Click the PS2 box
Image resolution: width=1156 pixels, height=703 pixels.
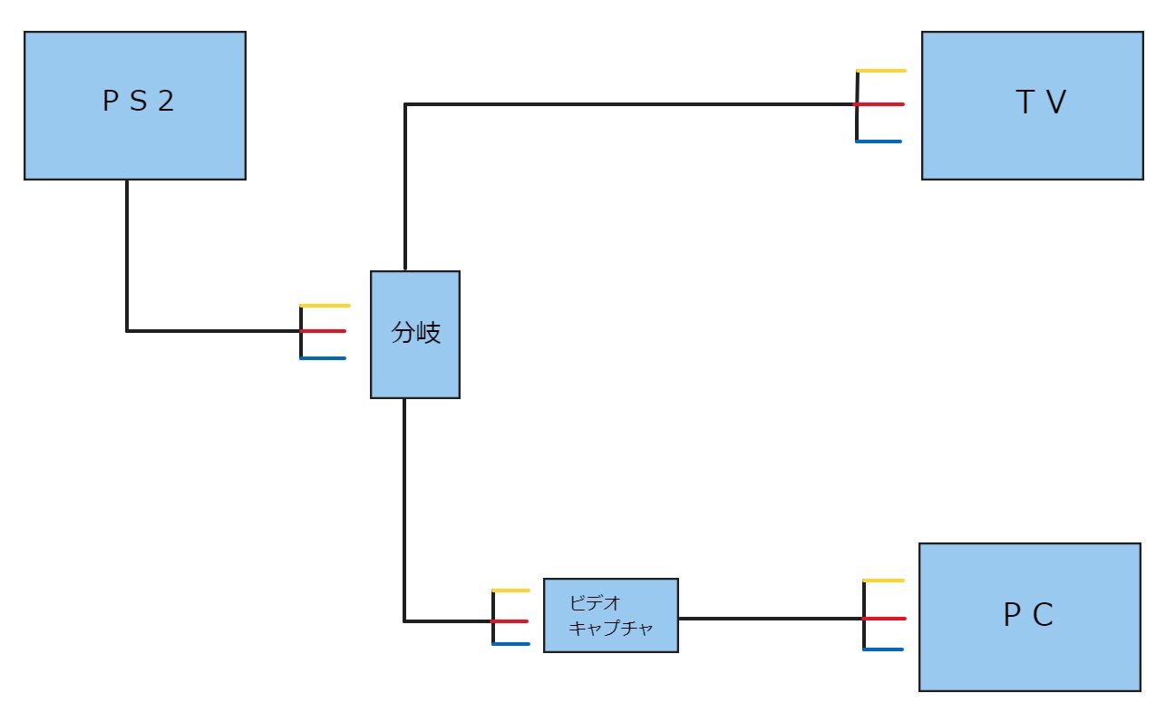(134, 105)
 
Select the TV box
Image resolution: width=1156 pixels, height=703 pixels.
(1032, 105)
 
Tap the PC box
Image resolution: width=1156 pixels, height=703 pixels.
(1029, 617)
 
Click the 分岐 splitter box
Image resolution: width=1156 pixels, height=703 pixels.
(415, 334)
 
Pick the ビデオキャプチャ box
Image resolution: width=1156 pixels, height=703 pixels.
(610, 615)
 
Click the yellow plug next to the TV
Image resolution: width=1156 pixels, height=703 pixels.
(881, 71)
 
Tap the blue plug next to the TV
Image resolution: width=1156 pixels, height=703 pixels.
(879, 142)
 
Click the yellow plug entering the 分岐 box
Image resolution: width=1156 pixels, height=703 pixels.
(325, 306)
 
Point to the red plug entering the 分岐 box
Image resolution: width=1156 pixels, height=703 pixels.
(325, 331)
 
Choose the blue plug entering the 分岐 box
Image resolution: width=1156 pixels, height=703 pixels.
(324, 358)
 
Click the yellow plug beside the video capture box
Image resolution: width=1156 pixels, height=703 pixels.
(512, 591)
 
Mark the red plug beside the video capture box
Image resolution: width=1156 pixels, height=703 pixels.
(512, 621)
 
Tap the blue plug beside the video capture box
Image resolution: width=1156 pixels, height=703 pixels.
(512, 644)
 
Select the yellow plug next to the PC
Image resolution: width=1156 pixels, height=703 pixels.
(885, 581)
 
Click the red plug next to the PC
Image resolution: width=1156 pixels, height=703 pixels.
(885, 619)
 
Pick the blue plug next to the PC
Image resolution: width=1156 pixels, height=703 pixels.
(885, 649)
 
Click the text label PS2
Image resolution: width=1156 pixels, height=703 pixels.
(138, 102)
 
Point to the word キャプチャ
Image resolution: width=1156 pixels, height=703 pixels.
(610, 628)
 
